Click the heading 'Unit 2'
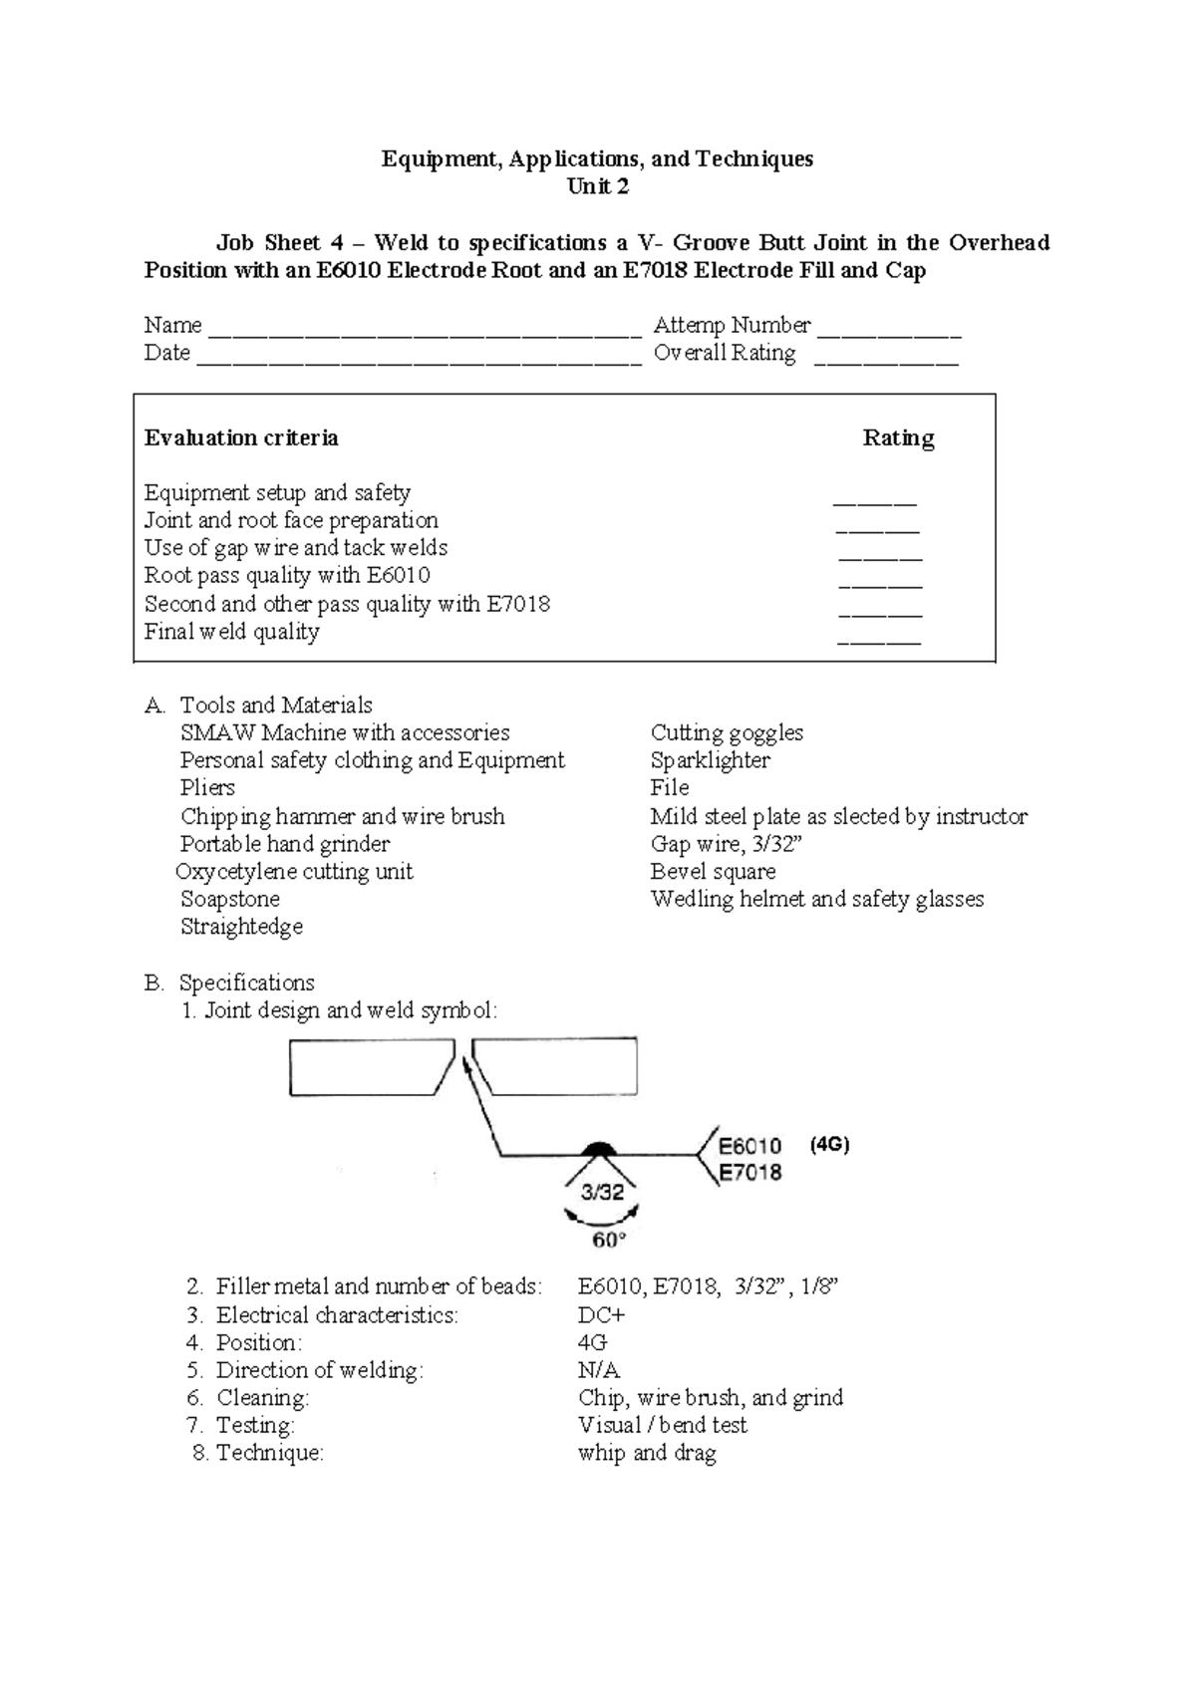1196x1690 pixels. click(597, 186)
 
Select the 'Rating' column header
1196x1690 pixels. click(898, 438)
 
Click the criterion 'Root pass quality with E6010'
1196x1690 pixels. click(287, 575)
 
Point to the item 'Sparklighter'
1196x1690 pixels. click(710, 760)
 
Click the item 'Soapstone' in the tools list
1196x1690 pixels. click(229, 899)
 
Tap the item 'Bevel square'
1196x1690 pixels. click(713, 871)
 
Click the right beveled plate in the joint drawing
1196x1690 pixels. click(558, 1066)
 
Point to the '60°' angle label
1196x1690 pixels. click(609, 1241)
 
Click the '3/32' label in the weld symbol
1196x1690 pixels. click(602, 1192)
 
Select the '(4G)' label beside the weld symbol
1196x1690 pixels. click(829, 1145)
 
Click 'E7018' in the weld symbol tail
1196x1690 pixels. click(750, 1173)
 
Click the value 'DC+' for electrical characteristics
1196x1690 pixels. click(601, 1315)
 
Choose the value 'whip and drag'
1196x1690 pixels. click(647, 1453)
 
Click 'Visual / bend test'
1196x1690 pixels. click(662, 1425)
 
